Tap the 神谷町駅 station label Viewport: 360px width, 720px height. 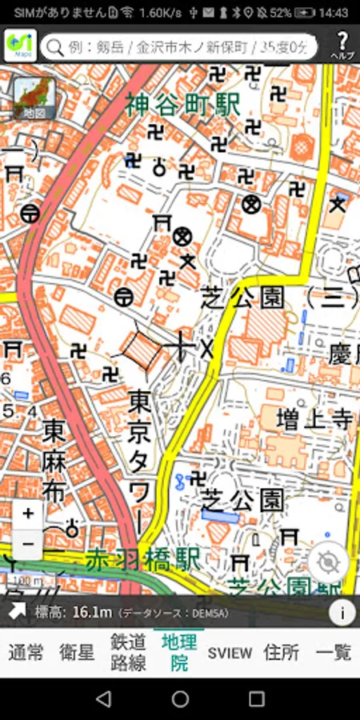coord(182,104)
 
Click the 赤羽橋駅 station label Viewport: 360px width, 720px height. coord(143,559)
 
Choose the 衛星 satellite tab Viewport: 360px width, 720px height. coord(77,652)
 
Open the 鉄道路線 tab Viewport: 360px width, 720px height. coord(128,652)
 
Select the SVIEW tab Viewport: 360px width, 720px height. coord(230,652)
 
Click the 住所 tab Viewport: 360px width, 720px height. coord(282,652)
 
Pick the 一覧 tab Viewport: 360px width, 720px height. coord(333,652)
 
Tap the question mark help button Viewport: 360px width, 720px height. coord(342,46)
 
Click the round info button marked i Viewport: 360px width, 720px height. coord(342,613)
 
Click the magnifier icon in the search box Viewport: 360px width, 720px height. coord(55,47)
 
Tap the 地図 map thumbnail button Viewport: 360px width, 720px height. coord(34,98)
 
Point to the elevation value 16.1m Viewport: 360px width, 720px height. coord(91,613)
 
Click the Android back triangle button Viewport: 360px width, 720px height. coord(103,699)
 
